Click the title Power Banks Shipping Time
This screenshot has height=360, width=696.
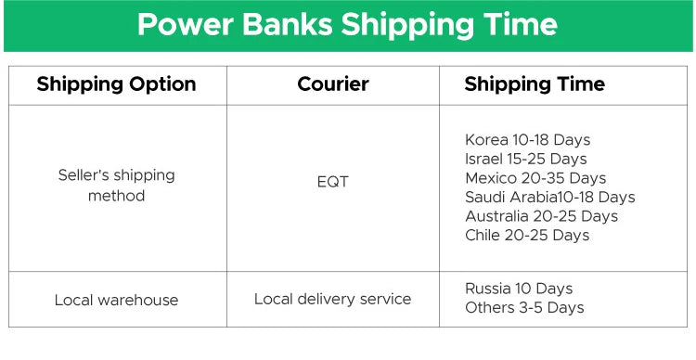point(347,25)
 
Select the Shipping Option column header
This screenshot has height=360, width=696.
point(116,84)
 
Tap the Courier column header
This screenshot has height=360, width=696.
point(332,84)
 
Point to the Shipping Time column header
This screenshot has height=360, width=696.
point(535,84)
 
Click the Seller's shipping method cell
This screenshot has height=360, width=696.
point(116,186)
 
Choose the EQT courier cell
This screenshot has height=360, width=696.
point(332,182)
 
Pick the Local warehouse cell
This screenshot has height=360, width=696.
point(116,300)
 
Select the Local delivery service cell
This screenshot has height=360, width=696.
point(332,299)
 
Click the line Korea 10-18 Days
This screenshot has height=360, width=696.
point(527,140)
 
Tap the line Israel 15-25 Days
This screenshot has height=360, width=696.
point(525,159)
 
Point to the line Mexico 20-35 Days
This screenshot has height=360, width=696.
point(535,178)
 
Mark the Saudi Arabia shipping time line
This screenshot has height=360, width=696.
point(549,197)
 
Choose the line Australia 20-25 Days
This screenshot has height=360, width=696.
point(541,216)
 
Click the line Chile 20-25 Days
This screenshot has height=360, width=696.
point(527,235)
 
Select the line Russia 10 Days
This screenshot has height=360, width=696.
point(519,289)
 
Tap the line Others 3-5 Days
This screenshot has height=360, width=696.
point(524,307)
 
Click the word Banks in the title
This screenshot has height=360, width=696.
point(288,25)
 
